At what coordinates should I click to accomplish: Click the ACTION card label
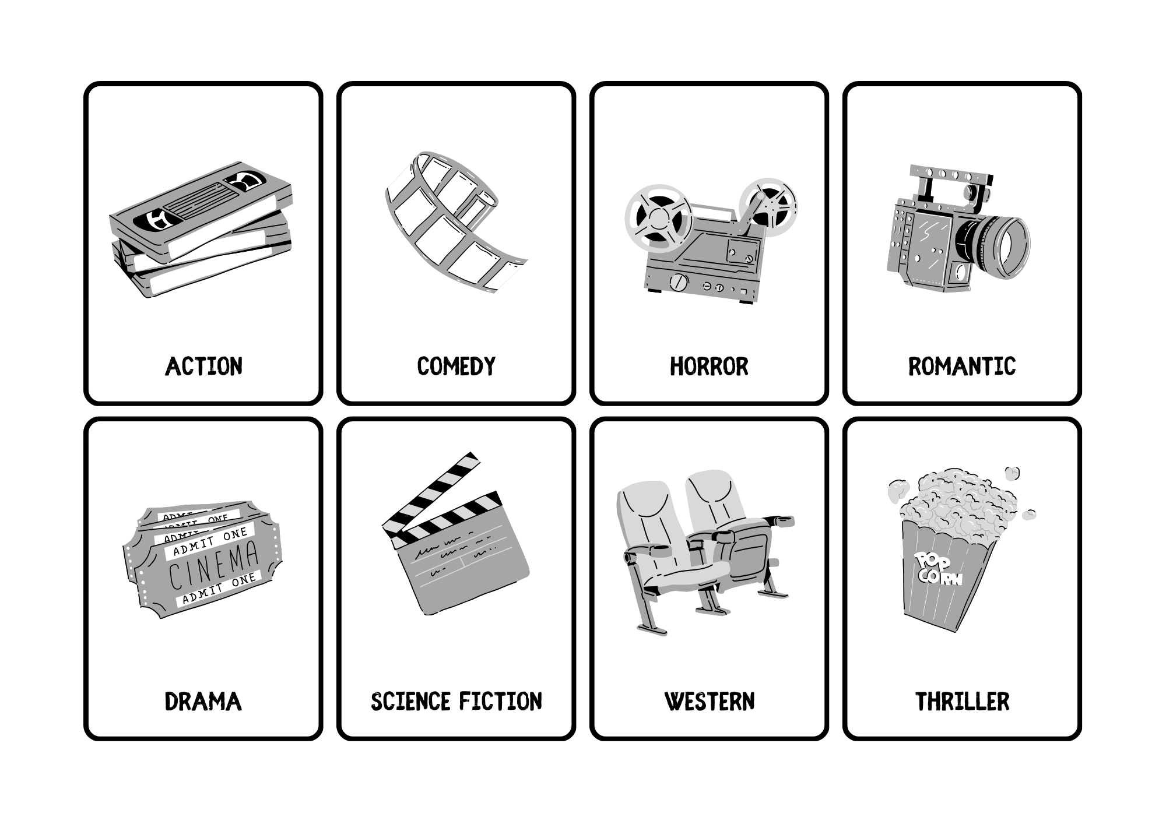[203, 367]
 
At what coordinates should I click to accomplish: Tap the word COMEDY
[456, 367]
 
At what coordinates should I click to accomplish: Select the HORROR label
[709, 367]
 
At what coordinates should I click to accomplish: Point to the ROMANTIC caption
[962, 367]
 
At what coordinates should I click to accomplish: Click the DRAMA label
[203, 702]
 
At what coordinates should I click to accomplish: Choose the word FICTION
[500, 702]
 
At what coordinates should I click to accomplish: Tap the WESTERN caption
[710, 702]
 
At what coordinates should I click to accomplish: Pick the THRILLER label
[962, 702]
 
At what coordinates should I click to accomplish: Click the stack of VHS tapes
[201, 230]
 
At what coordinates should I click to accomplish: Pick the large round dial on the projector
[678, 283]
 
